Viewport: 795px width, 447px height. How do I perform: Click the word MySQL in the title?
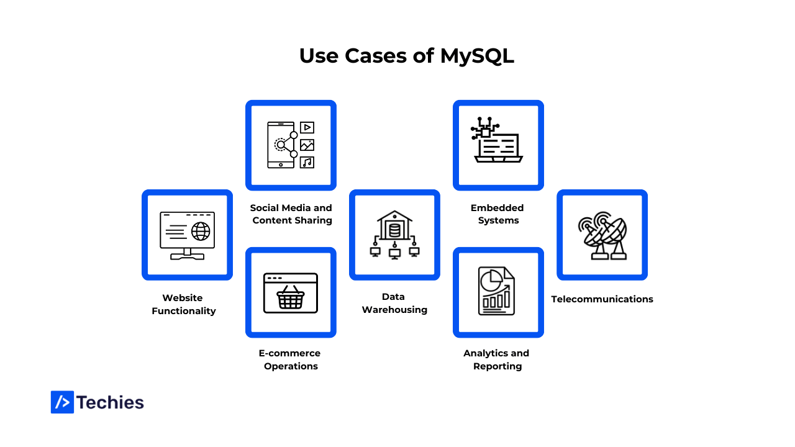[x=477, y=56]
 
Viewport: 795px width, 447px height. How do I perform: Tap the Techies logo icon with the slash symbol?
[x=62, y=402]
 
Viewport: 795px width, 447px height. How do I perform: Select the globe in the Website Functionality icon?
[x=201, y=232]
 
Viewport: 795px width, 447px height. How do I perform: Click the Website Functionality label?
[x=184, y=304]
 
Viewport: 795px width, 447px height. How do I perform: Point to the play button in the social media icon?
[x=307, y=128]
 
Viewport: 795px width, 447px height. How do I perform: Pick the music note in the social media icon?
[x=307, y=163]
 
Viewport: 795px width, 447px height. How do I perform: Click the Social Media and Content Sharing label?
[x=291, y=214]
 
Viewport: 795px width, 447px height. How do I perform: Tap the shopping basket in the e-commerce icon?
[x=291, y=299]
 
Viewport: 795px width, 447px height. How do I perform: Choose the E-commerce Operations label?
[x=290, y=359]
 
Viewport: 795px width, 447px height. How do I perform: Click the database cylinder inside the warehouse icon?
[x=394, y=231]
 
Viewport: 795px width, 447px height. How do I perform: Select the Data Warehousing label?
[x=394, y=303]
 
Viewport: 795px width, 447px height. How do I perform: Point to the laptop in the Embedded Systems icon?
[x=499, y=149]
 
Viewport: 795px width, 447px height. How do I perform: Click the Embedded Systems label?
[x=497, y=214]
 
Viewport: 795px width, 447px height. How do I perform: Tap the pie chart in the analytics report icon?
[x=491, y=280]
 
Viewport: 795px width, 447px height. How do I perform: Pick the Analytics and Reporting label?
[x=497, y=359]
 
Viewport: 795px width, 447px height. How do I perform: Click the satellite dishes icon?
[x=602, y=235]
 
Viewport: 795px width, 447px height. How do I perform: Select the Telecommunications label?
[x=602, y=299]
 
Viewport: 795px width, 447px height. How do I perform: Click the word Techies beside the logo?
[x=111, y=402]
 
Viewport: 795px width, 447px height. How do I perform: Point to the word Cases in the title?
[x=376, y=56]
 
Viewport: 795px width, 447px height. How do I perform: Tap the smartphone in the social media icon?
[x=280, y=145]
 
